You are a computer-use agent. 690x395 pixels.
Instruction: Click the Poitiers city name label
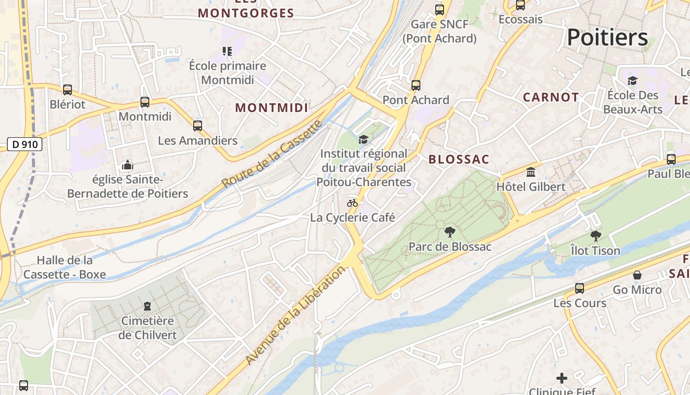point(607,38)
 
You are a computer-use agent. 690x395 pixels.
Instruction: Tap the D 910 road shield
point(25,145)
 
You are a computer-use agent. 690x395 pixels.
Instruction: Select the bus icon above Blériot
point(68,90)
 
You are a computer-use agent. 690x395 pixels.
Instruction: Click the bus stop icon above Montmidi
point(145,102)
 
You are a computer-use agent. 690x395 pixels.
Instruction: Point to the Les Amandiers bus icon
point(198,126)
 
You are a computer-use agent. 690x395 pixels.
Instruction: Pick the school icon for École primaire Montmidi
point(227,51)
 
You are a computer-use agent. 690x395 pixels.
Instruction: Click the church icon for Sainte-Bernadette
point(128,165)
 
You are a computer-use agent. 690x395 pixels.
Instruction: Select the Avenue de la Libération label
point(295,316)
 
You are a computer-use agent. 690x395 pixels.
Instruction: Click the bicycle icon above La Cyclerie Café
point(352,203)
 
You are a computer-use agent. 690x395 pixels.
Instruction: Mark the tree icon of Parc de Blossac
point(449,232)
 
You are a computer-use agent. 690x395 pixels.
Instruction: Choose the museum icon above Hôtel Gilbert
point(531,172)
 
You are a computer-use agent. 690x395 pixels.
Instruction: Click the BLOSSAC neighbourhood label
point(459,159)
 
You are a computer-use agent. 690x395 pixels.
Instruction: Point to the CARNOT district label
point(551,97)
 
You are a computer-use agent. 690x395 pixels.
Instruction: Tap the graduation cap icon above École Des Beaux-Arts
point(632,80)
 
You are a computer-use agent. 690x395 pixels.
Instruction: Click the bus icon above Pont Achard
point(416,85)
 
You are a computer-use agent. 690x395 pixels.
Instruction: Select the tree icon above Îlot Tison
point(595,236)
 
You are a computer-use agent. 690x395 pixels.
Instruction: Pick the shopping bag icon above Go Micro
point(637,275)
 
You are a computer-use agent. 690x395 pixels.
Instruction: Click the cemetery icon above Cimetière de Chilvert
point(147,307)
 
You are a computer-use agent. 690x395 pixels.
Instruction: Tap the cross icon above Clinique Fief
point(562,379)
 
